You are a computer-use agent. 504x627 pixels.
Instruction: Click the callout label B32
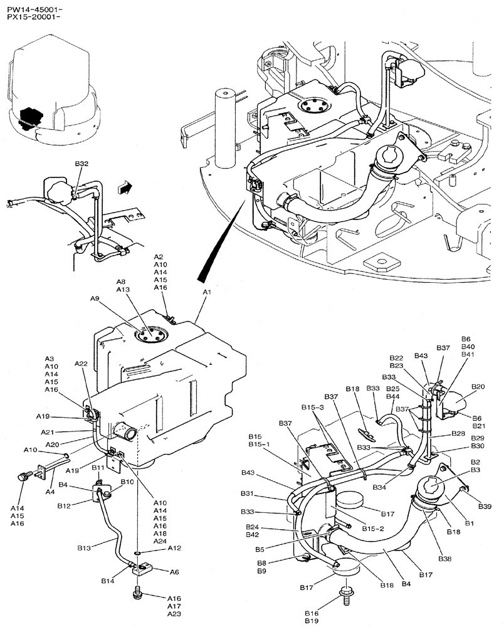[81, 164]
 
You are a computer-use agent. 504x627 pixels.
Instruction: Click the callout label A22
[81, 364]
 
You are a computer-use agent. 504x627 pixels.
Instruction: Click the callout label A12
[174, 548]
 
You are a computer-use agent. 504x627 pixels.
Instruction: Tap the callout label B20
[479, 387]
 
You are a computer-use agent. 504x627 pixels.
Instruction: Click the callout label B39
[484, 505]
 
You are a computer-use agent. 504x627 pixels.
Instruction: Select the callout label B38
[445, 559]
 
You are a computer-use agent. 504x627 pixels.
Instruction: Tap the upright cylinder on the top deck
[223, 129]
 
